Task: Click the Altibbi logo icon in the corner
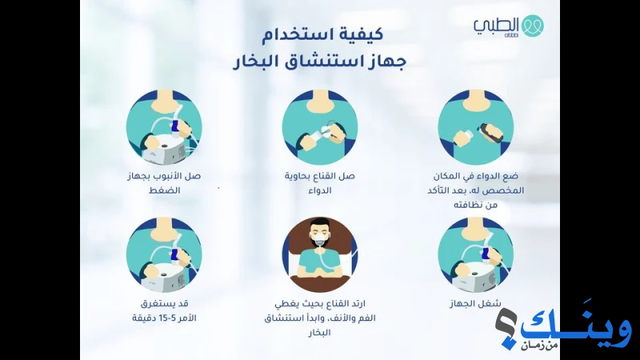tap(533, 26)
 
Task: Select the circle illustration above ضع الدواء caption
tap(475, 128)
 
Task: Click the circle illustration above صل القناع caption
tap(320, 128)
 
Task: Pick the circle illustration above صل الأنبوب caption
tap(164, 128)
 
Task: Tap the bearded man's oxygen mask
tap(320, 241)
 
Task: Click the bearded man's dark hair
tap(320, 224)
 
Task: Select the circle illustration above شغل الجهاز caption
tap(475, 254)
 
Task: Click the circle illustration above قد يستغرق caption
tap(164, 254)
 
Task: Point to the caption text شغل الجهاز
tap(475, 304)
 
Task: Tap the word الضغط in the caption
tap(164, 190)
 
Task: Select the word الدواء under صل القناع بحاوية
tap(320, 190)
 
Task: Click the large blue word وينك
tap(575, 326)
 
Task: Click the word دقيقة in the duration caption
tap(144, 318)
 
